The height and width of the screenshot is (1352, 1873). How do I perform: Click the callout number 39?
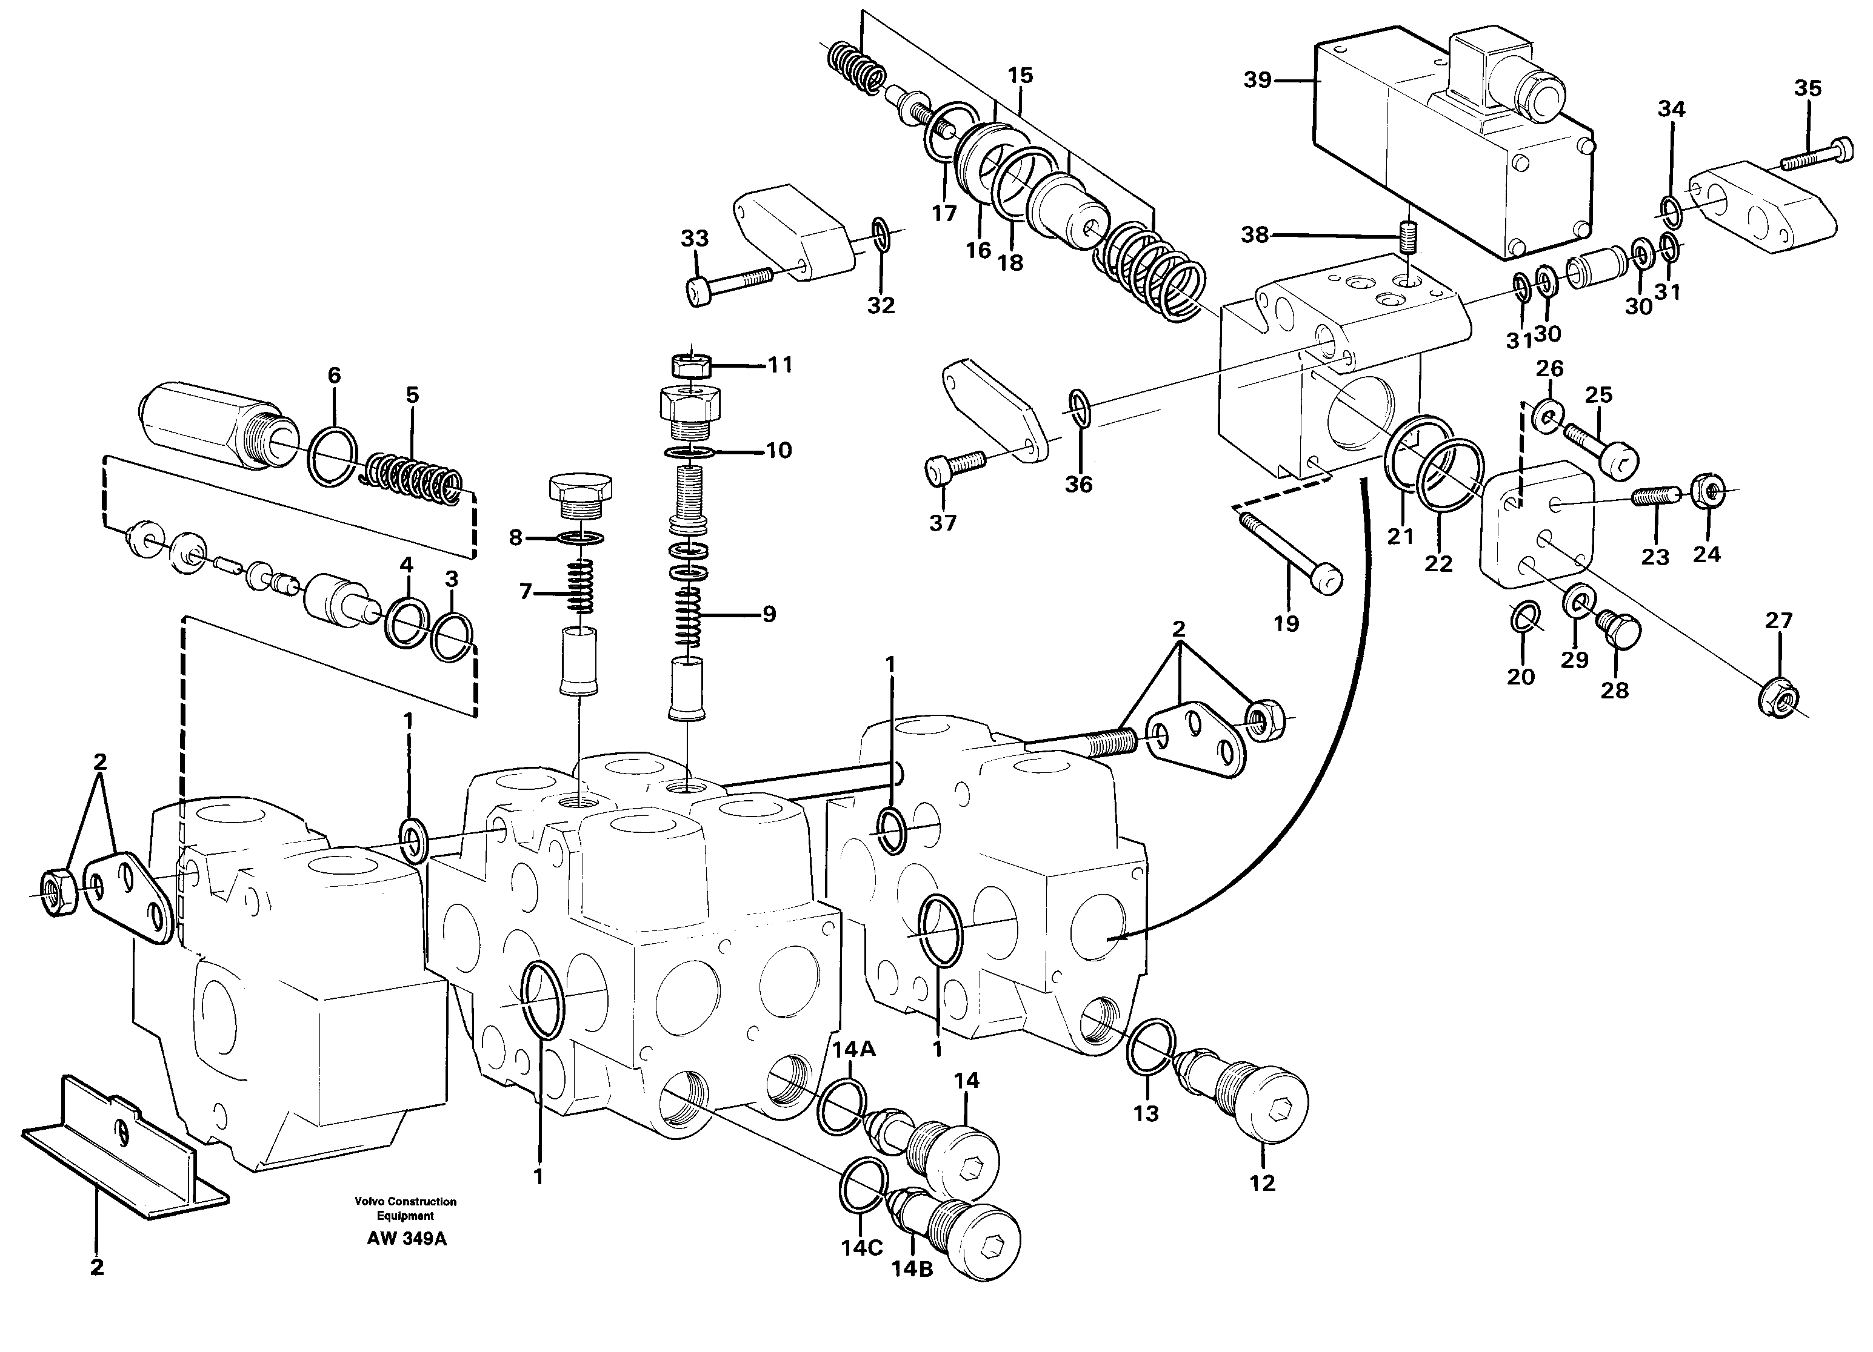coord(1257,81)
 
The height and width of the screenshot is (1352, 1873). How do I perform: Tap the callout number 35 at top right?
coord(1808,88)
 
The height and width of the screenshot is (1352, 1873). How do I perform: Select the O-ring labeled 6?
coord(333,457)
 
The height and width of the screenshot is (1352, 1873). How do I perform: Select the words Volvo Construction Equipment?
coord(406,1208)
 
